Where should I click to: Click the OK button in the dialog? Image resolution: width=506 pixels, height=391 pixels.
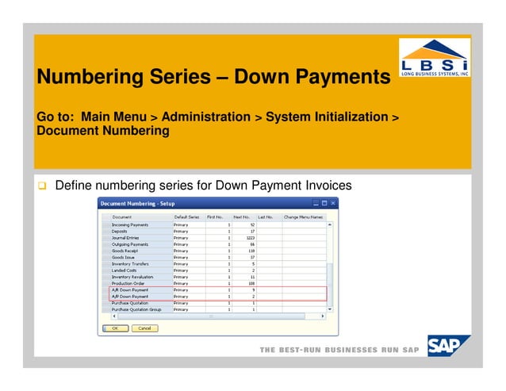click(x=114, y=328)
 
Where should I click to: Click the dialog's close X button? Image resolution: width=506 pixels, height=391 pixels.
click(x=333, y=204)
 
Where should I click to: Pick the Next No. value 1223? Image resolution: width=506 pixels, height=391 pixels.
click(x=249, y=238)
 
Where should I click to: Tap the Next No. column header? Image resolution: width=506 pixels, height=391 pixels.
click(x=242, y=217)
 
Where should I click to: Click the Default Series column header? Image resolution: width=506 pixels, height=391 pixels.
click(x=187, y=217)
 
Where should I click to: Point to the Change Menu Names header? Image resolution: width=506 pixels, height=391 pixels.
click(x=304, y=217)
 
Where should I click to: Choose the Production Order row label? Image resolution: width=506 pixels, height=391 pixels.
click(x=127, y=283)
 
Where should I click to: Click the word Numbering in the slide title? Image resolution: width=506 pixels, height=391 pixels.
click(x=86, y=78)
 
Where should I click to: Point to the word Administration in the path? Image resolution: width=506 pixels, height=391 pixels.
click(x=205, y=117)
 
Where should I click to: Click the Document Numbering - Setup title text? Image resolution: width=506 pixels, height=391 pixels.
click(x=137, y=204)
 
